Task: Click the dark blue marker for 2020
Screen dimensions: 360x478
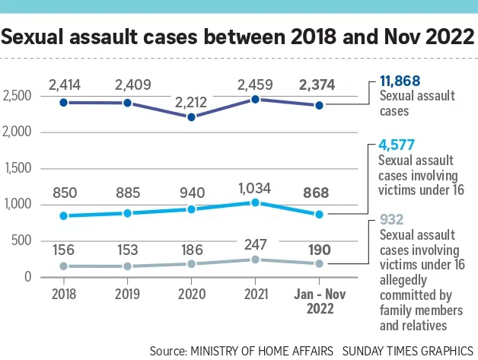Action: [191, 117]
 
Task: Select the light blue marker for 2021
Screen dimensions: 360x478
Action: [255, 202]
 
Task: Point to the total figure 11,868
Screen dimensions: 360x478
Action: [400, 81]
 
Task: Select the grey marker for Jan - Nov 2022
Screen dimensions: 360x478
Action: [319, 263]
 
